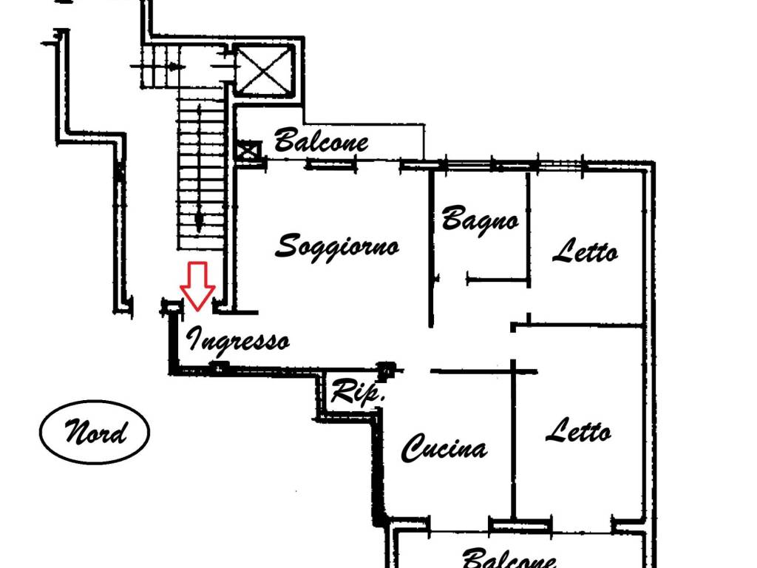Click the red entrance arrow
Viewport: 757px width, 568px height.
(198, 285)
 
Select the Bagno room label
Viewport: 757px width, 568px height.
(480, 220)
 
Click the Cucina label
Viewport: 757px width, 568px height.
(444, 448)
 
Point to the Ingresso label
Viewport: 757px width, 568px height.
(238, 340)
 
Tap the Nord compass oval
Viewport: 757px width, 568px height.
(94, 433)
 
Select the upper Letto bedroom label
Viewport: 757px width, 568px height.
(585, 252)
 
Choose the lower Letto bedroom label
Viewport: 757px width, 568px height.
(578, 430)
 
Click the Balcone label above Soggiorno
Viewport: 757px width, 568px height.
(321, 141)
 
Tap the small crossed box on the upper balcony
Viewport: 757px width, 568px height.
(248, 150)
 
